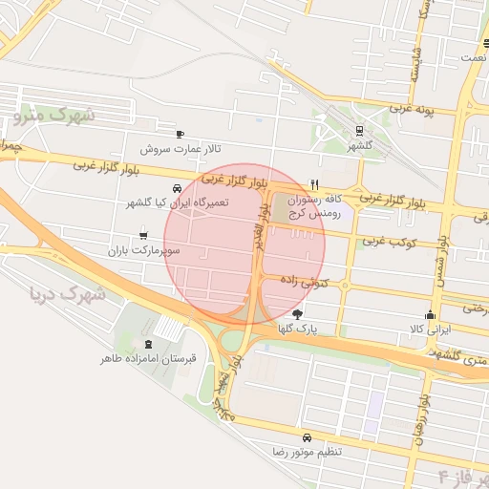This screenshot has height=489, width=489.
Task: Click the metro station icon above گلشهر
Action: [359, 132]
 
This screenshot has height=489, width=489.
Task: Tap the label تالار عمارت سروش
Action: [181, 149]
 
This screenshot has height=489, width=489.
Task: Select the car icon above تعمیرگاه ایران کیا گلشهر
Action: [178, 188]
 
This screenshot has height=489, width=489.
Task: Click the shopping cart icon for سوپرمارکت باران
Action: [143, 233]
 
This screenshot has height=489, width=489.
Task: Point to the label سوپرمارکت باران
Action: [144, 249]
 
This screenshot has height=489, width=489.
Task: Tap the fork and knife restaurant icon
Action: [315, 184]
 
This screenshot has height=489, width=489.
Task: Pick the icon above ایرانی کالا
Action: [430, 314]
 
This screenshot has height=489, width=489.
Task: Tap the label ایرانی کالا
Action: [430, 329]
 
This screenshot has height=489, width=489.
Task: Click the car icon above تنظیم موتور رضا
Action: [306, 436]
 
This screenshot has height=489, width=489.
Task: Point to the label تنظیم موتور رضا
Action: [306, 451]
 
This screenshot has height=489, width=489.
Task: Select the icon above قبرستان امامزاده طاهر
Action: [148, 344]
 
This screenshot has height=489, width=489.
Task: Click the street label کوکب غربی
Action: [391, 242]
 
